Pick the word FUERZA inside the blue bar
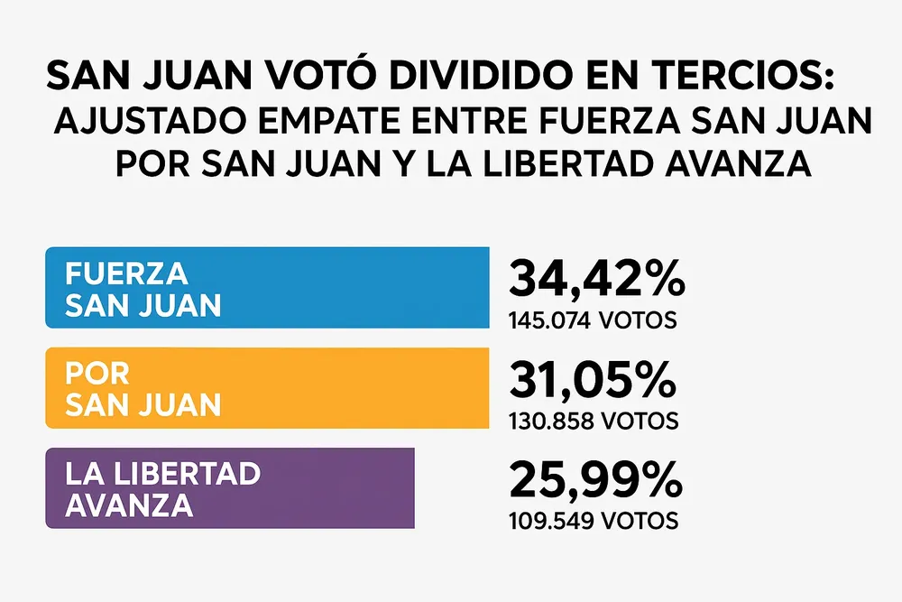pyautogui.click(x=126, y=273)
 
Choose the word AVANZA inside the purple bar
pyautogui.click(x=129, y=505)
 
